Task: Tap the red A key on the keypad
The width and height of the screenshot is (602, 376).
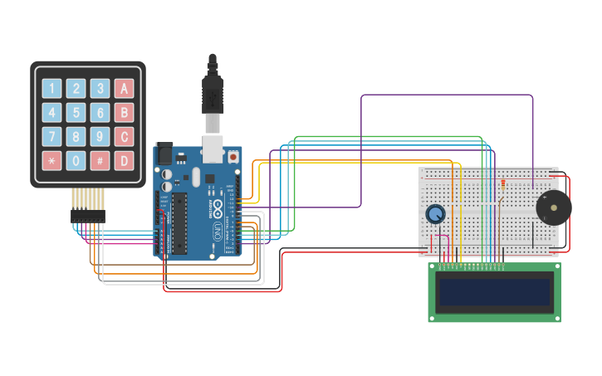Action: pos(124,89)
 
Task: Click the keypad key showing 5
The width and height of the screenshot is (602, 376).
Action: pos(76,113)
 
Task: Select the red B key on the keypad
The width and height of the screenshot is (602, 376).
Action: pos(124,113)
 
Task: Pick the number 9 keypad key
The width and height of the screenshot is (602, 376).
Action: pos(100,136)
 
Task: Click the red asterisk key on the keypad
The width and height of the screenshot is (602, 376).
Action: pos(51,159)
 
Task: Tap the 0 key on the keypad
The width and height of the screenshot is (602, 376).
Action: pos(76,159)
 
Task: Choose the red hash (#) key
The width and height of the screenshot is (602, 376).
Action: pos(100,159)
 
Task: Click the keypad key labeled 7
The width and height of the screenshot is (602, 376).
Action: pos(51,136)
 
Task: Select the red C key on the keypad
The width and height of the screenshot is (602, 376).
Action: pos(124,136)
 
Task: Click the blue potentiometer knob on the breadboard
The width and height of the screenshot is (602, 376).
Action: pos(435,214)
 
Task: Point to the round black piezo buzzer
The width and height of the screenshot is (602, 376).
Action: pos(553,208)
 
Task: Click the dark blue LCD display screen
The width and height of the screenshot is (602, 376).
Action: pos(496,292)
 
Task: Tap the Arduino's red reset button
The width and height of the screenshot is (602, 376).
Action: pos(233,156)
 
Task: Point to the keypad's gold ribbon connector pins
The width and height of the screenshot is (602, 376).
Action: pos(88,199)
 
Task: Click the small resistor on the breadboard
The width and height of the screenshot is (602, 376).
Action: pos(502,184)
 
